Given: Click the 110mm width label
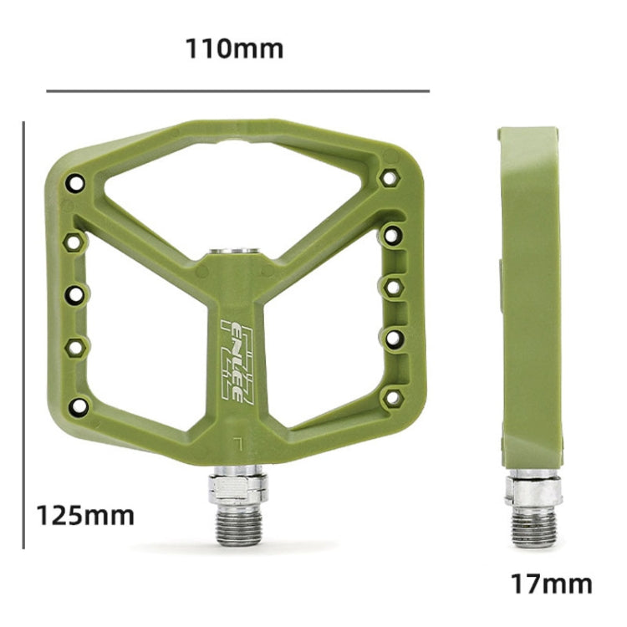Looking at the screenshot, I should (x=234, y=48).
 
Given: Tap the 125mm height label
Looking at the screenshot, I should (x=84, y=514).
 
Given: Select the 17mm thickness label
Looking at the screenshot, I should (x=551, y=584).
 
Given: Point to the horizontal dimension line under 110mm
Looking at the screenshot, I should (x=237, y=90).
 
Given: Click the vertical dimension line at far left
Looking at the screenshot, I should (x=24, y=334).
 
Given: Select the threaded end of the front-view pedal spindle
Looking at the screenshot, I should (x=238, y=527).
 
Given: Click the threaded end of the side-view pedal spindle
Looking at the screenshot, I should (x=533, y=528).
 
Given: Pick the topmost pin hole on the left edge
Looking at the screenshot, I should (x=76, y=182).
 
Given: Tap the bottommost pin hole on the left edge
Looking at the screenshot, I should (x=78, y=406).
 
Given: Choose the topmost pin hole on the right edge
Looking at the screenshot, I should (x=389, y=177).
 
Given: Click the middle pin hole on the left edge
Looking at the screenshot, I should (x=75, y=294).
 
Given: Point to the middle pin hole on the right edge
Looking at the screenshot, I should (x=391, y=288).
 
